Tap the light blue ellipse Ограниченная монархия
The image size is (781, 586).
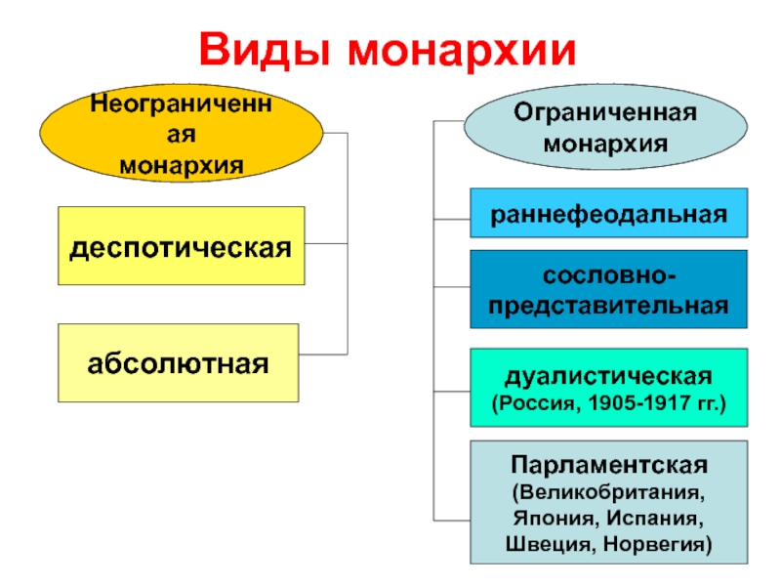pyautogui.click(x=606, y=128)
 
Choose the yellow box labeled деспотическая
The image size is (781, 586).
pyautogui.click(x=181, y=245)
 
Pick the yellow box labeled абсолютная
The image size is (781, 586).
pyautogui.click(x=179, y=363)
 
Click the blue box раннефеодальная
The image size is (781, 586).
pyautogui.click(x=608, y=213)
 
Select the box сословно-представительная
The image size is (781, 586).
pyautogui.click(x=608, y=289)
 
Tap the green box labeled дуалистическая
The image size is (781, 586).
pyautogui.click(x=608, y=388)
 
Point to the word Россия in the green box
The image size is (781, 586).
pyautogui.click(x=536, y=401)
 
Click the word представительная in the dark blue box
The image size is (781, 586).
pyautogui.click(x=608, y=305)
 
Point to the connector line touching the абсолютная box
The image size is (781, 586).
pyautogui.click(x=323, y=353)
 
